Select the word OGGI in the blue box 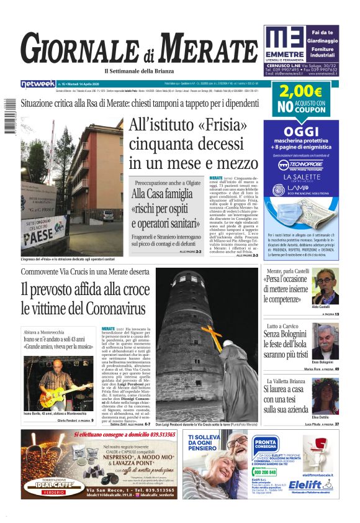click(300, 131)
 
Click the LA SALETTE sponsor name click(300, 177)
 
